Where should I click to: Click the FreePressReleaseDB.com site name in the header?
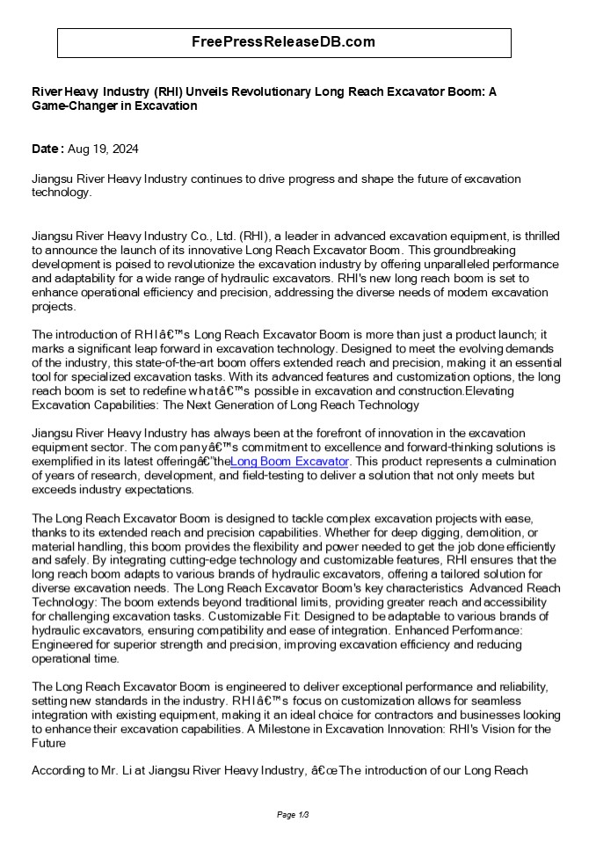point(284,42)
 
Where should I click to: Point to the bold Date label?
point(47,149)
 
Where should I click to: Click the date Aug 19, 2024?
point(103,149)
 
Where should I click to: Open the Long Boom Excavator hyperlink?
point(290,461)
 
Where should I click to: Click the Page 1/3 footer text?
point(293,815)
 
